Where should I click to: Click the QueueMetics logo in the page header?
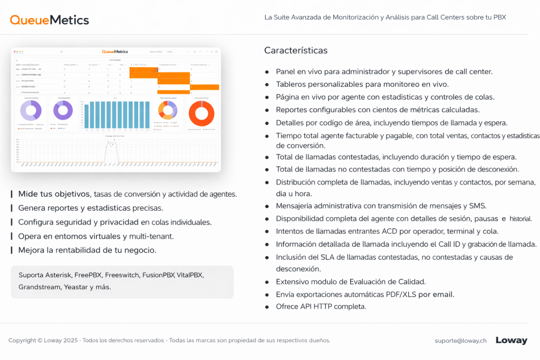click(x=50, y=20)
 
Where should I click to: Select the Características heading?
click(x=296, y=51)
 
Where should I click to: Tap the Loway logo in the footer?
click(x=511, y=340)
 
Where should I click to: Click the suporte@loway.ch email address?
click(x=460, y=340)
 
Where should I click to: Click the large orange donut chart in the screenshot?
click(x=201, y=113)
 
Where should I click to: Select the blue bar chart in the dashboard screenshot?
click(x=115, y=114)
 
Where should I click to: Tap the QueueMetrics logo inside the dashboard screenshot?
click(x=115, y=52)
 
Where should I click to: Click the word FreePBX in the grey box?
click(x=88, y=275)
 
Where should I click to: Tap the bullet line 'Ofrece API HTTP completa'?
click(x=321, y=306)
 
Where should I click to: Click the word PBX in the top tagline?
click(x=499, y=17)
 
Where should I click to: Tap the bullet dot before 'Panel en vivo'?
click(x=267, y=72)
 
